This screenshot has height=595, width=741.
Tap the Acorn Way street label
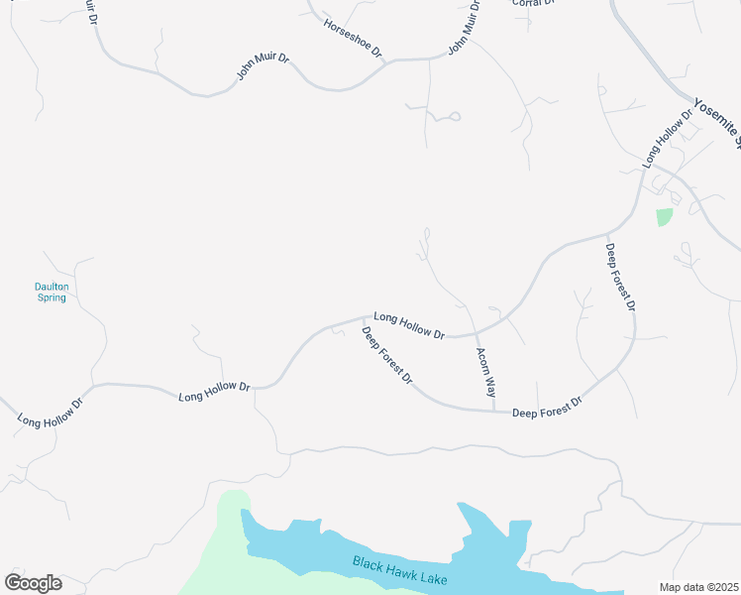point(485,373)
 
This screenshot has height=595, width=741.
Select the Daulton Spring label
point(50,292)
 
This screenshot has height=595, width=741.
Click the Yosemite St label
point(717,122)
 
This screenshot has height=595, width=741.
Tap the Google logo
point(33,583)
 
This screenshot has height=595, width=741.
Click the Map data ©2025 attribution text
point(699,587)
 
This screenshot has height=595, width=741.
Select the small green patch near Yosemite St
point(664,216)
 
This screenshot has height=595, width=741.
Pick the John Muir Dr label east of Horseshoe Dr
point(464,27)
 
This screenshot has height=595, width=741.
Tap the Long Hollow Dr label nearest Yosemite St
point(664,140)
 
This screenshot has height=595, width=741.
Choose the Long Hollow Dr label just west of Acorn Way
point(409,324)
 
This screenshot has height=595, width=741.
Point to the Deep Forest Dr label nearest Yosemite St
point(620,278)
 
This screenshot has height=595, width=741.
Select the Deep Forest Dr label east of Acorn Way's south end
point(547,408)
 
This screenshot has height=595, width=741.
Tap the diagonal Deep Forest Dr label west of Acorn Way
point(386,357)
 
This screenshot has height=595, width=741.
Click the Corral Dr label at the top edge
point(532,4)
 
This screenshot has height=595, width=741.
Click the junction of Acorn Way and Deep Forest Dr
point(494,411)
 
